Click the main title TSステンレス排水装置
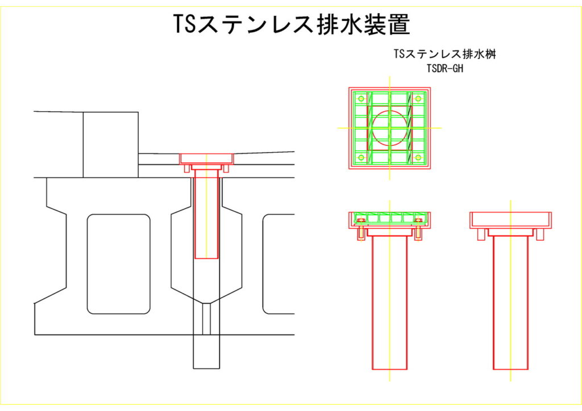(291, 24)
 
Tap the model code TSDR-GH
(446, 68)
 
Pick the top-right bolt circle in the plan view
(418, 99)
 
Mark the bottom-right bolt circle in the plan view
(418, 157)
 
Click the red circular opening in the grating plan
(389, 128)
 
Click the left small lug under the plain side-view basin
(481, 234)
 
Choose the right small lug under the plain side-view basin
(540, 234)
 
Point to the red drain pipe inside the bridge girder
(206, 216)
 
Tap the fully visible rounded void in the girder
(118, 263)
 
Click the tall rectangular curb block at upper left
(110, 144)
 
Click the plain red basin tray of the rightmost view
(510, 219)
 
